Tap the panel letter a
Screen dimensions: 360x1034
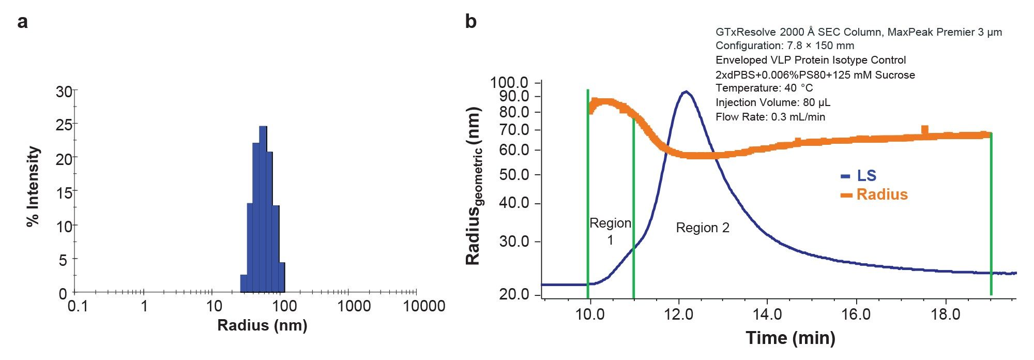[22, 22]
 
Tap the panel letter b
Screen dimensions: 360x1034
[470, 22]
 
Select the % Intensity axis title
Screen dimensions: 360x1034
[33, 187]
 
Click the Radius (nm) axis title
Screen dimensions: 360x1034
[262, 325]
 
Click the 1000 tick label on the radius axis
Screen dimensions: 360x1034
[354, 306]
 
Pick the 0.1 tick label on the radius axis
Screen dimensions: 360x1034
[78, 306]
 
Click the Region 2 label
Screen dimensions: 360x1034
[703, 228]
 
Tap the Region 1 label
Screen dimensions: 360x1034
[610, 231]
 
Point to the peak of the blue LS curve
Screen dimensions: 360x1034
[686, 92]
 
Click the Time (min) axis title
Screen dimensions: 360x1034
[790, 338]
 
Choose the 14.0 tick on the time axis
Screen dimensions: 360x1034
[767, 314]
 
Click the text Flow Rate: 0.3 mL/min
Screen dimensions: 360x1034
[770, 117]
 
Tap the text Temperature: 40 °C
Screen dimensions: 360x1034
[764, 88]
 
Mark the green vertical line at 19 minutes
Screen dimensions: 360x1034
[991, 217]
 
